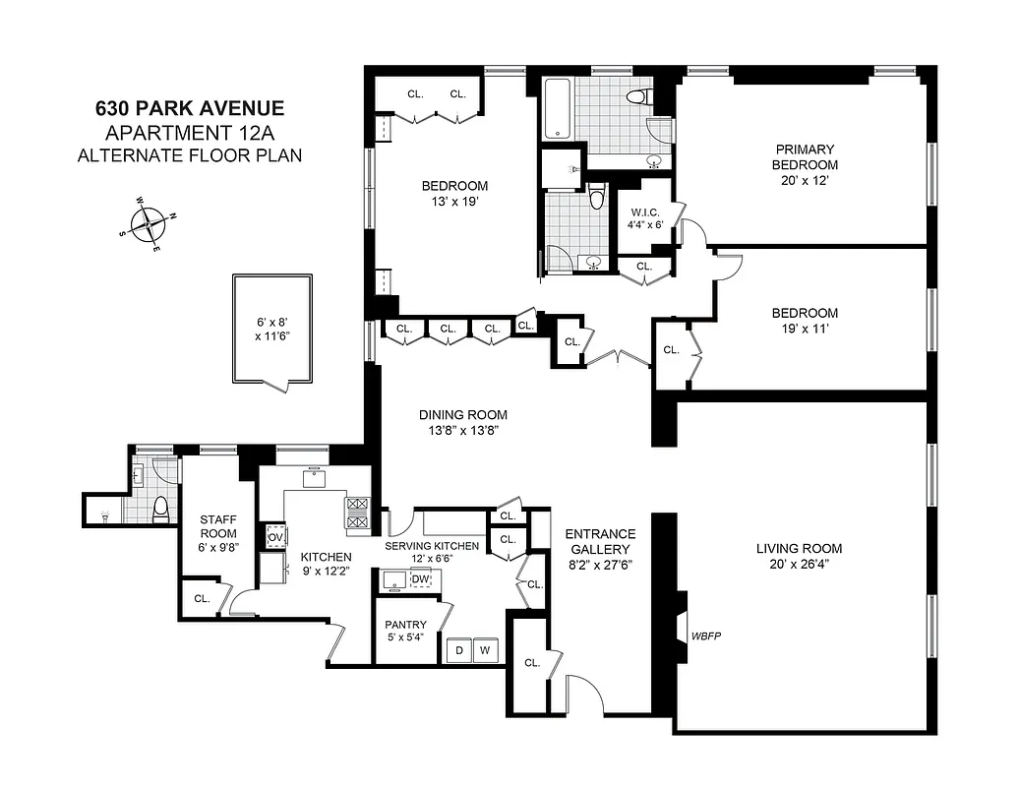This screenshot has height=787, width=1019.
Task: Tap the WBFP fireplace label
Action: click(706, 636)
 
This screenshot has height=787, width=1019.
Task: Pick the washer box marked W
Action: click(485, 650)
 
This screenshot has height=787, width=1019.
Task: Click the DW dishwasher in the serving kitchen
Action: click(420, 578)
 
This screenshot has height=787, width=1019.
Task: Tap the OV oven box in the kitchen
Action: click(275, 536)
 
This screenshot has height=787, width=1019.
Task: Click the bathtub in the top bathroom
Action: click(557, 109)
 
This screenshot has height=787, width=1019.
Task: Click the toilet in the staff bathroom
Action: click(162, 508)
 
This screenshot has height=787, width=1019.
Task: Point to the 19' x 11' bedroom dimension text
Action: click(805, 330)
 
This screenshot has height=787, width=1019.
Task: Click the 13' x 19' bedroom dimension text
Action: click(454, 202)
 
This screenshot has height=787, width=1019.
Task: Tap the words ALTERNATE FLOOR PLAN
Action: click(190, 154)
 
